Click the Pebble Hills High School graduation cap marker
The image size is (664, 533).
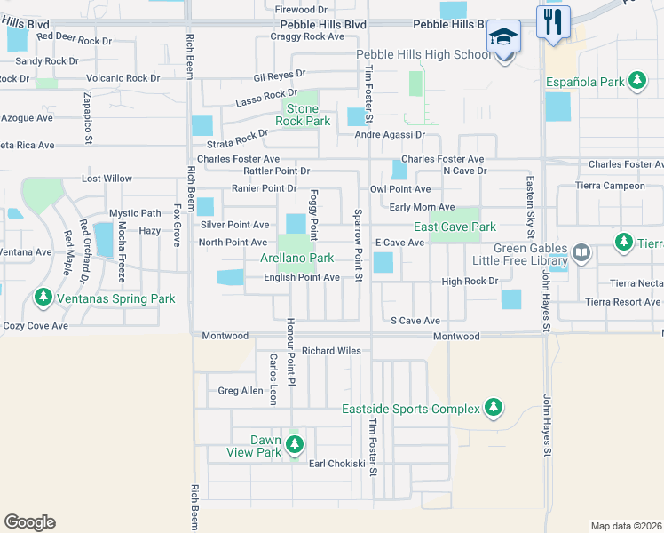pyautogui.click(x=503, y=38)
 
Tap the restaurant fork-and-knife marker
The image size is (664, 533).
pyautogui.click(x=553, y=22)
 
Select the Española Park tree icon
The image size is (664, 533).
pyautogui.click(x=636, y=81)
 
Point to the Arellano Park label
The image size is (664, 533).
pyautogui.click(x=296, y=259)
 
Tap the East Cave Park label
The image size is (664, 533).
pyautogui.click(x=455, y=227)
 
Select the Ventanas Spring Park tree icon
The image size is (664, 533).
pyautogui.click(x=42, y=298)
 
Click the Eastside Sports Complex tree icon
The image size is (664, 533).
pyautogui.click(x=494, y=409)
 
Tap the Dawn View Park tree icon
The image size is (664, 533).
pyautogui.click(x=295, y=443)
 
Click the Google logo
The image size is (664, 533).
pyautogui.click(x=29, y=521)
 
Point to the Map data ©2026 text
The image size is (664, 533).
pyautogui.click(x=626, y=526)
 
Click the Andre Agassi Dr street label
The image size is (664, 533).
pyautogui.click(x=390, y=135)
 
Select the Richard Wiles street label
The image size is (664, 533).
pyautogui.click(x=331, y=351)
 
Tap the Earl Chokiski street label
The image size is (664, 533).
pyautogui.click(x=336, y=464)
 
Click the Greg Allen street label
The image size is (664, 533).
pyautogui.click(x=241, y=390)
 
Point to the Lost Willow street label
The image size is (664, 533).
pyautogui.click(x=107, y=179)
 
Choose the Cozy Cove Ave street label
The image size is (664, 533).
pyautogui.click(x=35, y=326)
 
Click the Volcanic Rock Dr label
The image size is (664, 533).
pyautogui.click(x=119, y=78)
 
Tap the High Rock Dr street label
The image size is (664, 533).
pyautogui.click(x=470, y=282)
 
